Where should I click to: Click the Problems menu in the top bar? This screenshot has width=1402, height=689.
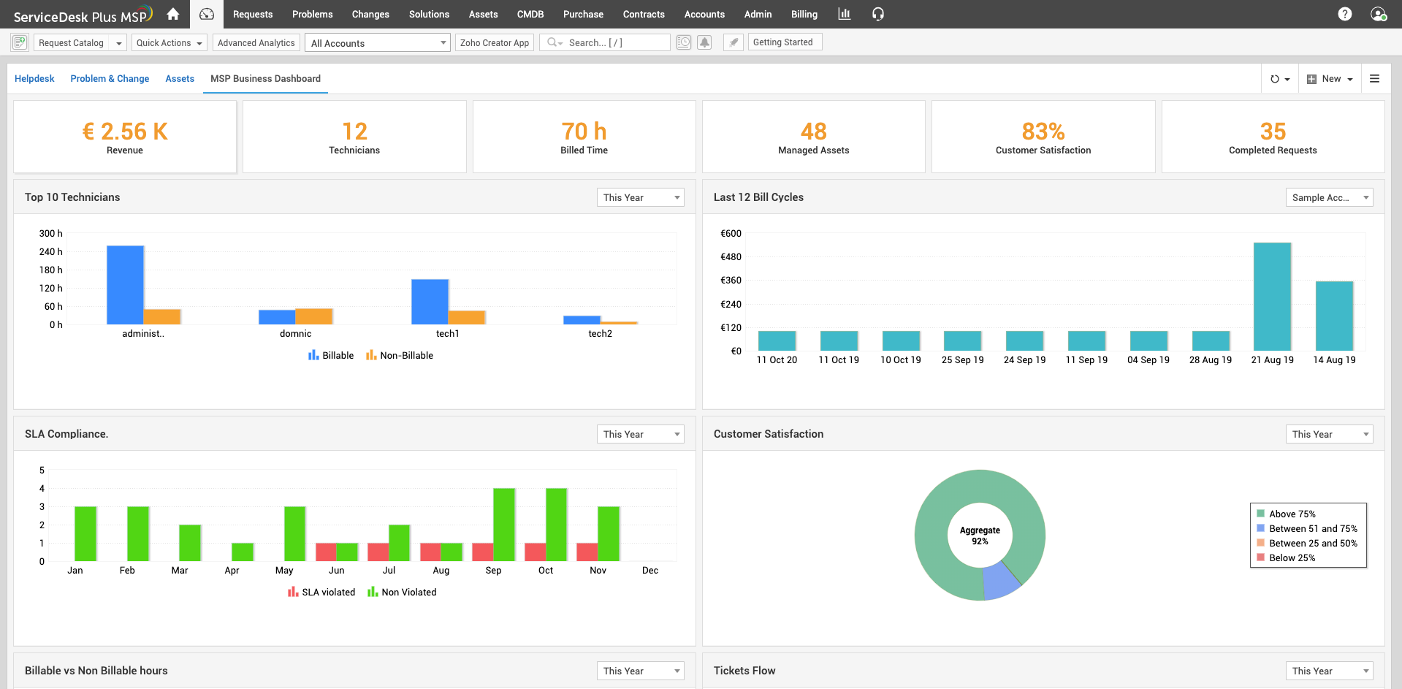click(312, 14)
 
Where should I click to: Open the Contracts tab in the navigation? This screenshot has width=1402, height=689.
click(644, 14)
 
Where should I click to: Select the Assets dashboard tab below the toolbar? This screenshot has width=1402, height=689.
click(180, 78)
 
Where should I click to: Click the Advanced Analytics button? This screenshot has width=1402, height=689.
click(256, 42)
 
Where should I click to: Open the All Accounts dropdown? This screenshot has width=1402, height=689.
click(378, 43)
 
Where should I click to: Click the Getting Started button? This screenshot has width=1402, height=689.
click(783, 42)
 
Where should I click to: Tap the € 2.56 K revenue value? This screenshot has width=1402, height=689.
click(125, 132)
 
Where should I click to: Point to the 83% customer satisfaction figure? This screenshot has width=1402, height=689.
click(1043, 132)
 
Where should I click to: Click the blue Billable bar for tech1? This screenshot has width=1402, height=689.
click(430, 301)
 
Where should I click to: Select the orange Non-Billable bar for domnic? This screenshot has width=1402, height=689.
click(314, 316)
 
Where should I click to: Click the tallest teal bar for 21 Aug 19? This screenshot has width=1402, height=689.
click(1272, 297)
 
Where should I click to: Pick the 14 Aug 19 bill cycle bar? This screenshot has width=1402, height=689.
click(1334, 316)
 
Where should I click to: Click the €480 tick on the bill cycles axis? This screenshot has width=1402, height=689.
click(731, 256)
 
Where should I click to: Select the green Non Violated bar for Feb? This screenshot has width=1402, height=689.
click(138, 533)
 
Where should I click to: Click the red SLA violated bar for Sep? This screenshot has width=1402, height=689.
click(483, 552)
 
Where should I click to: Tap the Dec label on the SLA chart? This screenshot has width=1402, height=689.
click(650, 570)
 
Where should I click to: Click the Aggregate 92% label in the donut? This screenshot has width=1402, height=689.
click(980, 536)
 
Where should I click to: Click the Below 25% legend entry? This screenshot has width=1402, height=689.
click(1292, 557)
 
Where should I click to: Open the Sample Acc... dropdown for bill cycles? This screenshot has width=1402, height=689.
click(1329, 197)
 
